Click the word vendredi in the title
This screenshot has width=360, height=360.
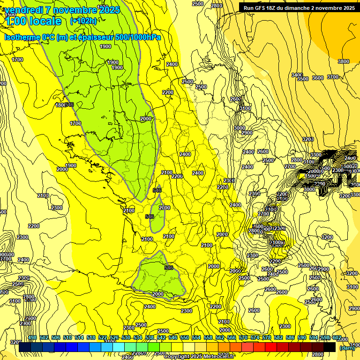pos(24,9)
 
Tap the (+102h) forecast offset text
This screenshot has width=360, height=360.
pos(83,21)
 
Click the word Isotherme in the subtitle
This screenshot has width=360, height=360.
pos(22,37)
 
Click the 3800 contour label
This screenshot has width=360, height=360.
pos(344,61)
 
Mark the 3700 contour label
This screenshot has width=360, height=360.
pos(333,77)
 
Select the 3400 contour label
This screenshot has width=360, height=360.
pos(297,75)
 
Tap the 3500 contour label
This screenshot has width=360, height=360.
pos(303,79)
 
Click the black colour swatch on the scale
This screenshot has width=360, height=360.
pos(330,346)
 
